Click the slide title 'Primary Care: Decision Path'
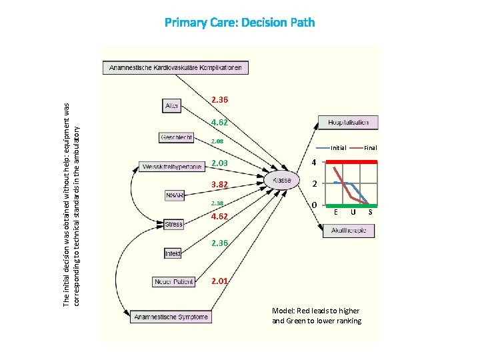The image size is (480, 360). pyautogui.click(x=240, y=23)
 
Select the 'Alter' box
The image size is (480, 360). pyautogui.click(x=172, y=105)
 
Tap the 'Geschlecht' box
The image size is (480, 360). pyautogui.click(x=177, y=137)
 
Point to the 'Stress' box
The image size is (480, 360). pyautogui.click(x=173, y=224)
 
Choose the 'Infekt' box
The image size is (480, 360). pyautogui.click(x=173, y=253)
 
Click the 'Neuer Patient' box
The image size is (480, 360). pyautogui.click(x=173, y=282)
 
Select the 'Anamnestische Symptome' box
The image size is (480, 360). pyautogui.click(x=171, y=317)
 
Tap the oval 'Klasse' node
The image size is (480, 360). pyautogui.click(x=281, y=181)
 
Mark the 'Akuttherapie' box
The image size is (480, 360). pyautogui.click(x=349, y=231)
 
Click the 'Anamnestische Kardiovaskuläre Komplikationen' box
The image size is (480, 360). pyautogui.click(x=176, y=67)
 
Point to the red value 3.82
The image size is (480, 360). pyautogui.click(x=219, y=185)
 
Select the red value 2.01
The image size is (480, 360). pyautogui.click(x=219, y=281)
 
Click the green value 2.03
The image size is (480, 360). pyautogui.click(x=219, y=163)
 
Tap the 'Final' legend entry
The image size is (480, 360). pyautogui.click(x=370, y=148)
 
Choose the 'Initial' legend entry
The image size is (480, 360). pyautogui.click(x=338, y=148)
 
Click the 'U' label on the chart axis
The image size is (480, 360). pyautogui.click(x=353, y=212)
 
